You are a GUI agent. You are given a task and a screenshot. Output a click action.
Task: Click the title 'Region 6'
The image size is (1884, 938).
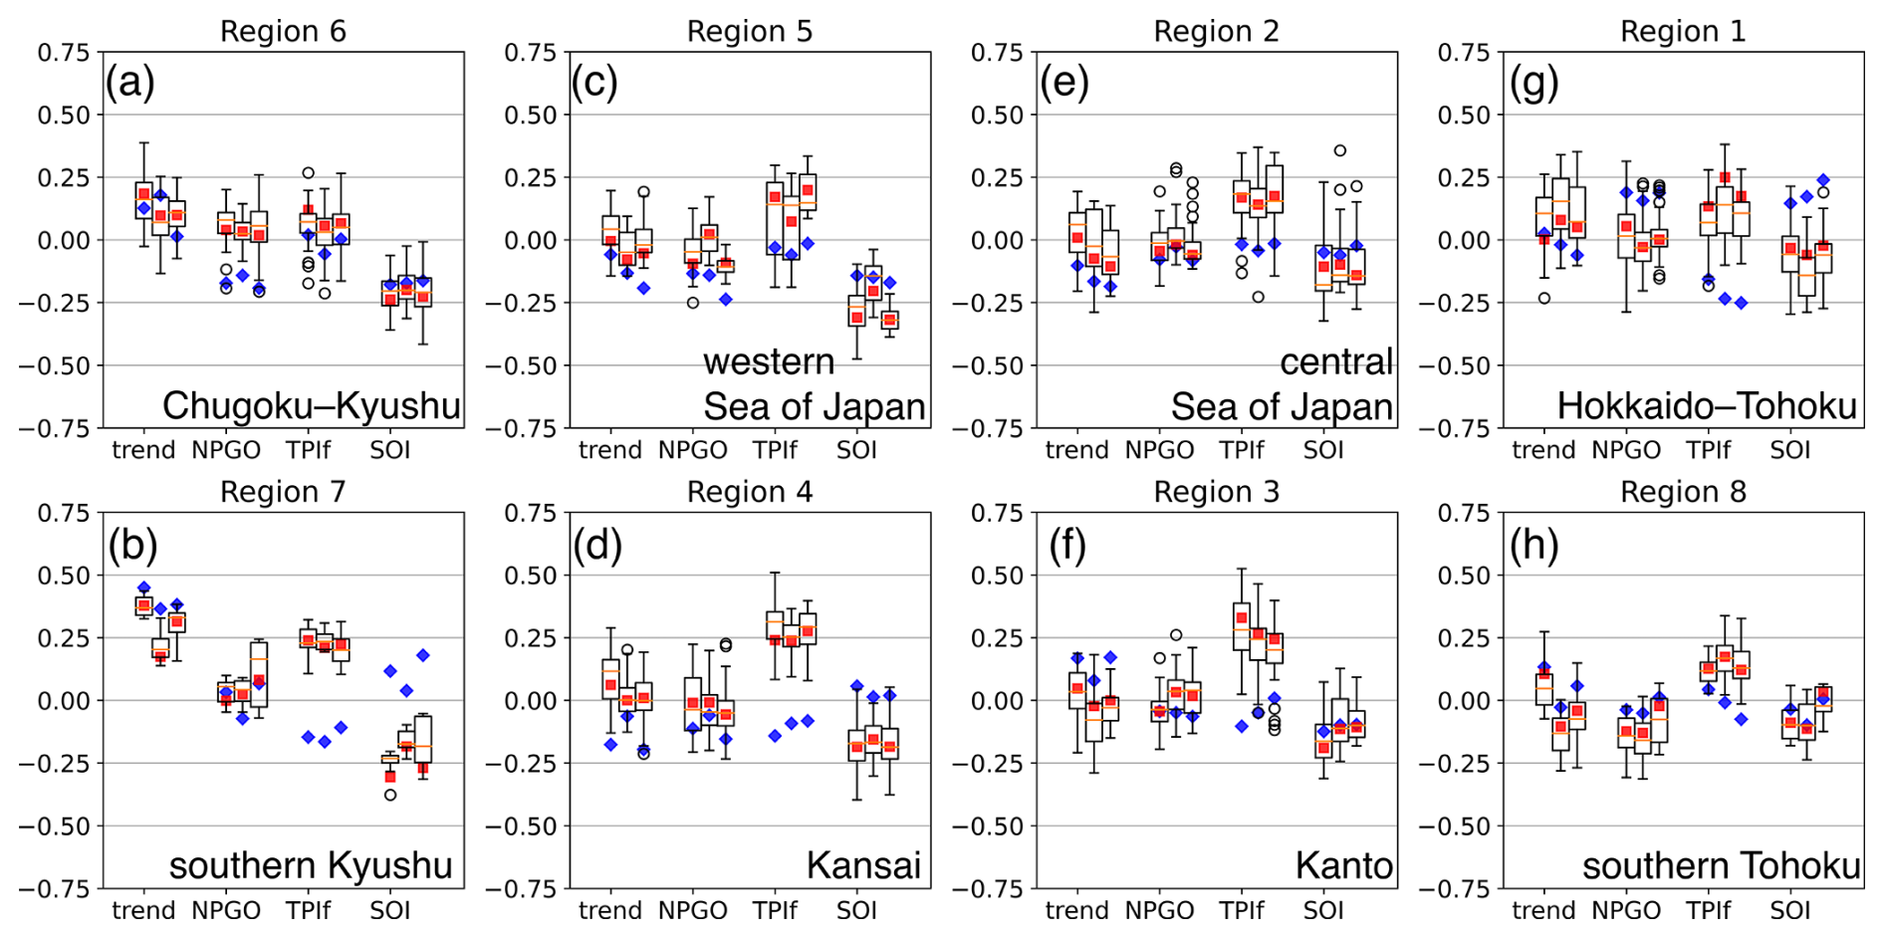click(283, 32)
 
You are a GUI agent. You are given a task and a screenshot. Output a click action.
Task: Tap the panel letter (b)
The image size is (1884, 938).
click(133, 545)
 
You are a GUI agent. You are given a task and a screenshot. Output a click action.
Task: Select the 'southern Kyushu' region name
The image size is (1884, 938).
click(311, 866)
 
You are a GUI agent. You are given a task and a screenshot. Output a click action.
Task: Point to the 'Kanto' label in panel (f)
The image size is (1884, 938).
click(1343, 866)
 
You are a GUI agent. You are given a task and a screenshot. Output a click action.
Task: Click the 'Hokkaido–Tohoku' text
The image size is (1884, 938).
click(1707, 406)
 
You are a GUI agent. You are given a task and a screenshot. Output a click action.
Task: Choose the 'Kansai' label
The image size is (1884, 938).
click(863, 866)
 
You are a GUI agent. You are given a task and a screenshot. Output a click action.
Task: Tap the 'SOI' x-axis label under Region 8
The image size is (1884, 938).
click(1789, 910)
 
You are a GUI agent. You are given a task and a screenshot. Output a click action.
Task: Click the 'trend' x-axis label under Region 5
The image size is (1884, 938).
click(610, 450)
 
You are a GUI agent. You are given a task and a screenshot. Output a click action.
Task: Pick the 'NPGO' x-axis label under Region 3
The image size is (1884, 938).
click(1159, 910)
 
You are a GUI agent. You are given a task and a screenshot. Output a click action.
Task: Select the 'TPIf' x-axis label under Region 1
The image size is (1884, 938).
click(1708, 450)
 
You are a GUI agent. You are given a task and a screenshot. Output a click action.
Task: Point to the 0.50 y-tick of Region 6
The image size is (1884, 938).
click(64, 115)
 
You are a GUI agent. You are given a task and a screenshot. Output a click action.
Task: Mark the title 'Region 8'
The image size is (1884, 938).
click(1683, 492)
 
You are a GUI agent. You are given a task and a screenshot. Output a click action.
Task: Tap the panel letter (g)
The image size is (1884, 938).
click(1533, 84)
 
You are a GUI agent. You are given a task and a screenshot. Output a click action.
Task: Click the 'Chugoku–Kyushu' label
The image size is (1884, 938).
click(311, 406)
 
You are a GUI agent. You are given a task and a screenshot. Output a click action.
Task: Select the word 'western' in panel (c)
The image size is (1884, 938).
click(769, 361)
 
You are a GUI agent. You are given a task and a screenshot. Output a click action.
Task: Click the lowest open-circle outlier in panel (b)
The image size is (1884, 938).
click(390, 795)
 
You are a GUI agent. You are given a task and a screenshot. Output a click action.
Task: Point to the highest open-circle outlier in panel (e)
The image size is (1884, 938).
click(1340, 151)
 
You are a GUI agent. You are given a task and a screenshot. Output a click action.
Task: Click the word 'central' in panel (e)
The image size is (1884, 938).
click(1335, 361)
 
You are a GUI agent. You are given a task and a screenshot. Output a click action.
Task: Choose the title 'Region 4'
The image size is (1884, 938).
click(750, 492)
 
